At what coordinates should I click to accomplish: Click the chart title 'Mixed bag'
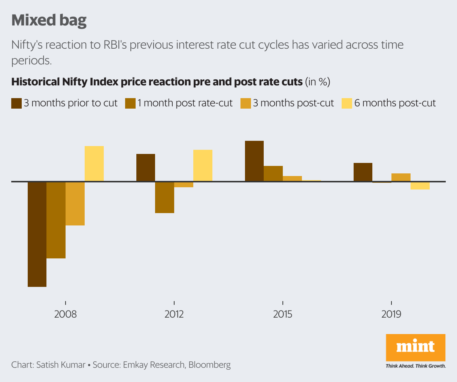(x=49, y=20)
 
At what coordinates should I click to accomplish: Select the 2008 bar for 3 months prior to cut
(x=37, y=234)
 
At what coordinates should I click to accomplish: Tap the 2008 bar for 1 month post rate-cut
(x=56, y=220)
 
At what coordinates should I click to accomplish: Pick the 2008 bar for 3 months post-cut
(x=75, y=203)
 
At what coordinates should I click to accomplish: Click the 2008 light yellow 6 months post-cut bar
(x=94, y=164)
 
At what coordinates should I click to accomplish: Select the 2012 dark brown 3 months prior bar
(x=146, y=168)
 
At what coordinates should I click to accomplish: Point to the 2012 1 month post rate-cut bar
(x=164, y=197)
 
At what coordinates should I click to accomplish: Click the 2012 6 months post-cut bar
(x=203, y=166)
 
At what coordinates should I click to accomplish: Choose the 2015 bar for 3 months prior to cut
(x=254, y=161)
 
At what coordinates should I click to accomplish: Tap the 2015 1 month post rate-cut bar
(x=273, y=174)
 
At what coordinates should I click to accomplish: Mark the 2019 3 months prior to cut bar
(x=363, y=172)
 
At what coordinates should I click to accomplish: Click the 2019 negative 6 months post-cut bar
(x=420, y=186)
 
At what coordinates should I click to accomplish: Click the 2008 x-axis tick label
(x=66, y=314)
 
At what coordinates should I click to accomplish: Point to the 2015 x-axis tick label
(x=283, y=314)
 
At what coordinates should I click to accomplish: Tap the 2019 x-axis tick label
(x=391, y=314)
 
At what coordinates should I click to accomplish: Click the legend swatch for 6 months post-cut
(x=347, y=103)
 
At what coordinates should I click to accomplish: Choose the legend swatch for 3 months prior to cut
(x=16, y=103)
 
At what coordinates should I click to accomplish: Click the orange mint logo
(x=415, y=347)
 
